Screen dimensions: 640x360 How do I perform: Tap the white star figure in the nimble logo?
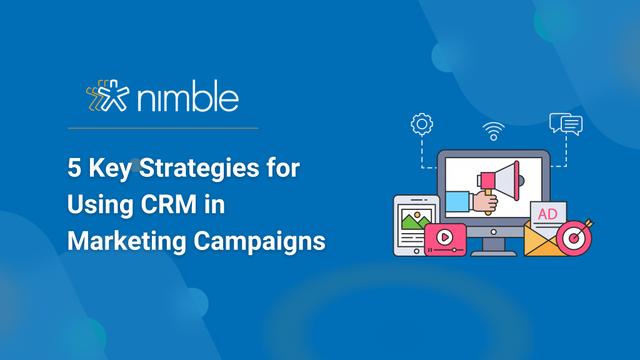(x=114, y=96)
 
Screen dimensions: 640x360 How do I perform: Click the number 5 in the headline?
(x=74, y=167)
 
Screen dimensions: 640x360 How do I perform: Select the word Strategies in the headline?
(x=199, y=169)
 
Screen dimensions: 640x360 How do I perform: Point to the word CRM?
(x=169, y=204)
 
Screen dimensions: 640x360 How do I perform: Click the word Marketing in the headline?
(x=127, y=241)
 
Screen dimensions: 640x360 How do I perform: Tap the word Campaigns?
(x=259, y=241)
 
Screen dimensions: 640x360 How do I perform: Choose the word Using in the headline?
(x=101, y=205)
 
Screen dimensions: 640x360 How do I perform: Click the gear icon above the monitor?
(x=422, y=124)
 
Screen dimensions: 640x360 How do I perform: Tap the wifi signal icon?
(x=494, y=131)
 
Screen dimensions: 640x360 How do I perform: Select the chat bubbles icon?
(x=566, y=124)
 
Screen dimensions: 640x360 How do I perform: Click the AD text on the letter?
(x=547, y=214)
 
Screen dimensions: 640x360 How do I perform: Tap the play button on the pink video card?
(x=444, y=237)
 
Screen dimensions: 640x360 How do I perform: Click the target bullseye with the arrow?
(x=575, y=237)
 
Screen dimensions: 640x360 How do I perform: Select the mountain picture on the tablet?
(x=416, y=219)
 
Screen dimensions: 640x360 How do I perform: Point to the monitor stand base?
(x=494, y=253)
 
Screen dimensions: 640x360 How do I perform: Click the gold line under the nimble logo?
(x=163, y=128)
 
